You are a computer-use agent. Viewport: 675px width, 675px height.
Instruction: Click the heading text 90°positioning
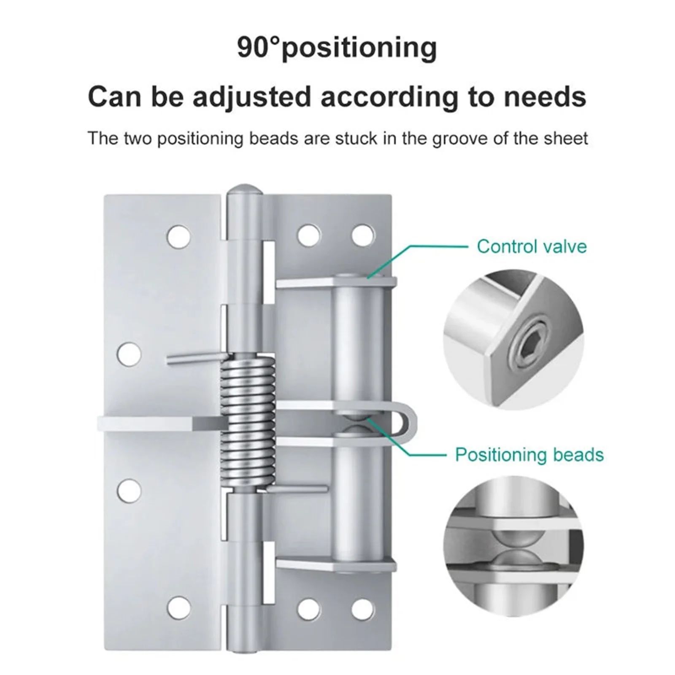point(337,48)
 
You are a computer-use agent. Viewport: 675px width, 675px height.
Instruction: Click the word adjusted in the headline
point(251,97)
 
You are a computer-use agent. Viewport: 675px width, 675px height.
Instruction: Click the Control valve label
point(532,246)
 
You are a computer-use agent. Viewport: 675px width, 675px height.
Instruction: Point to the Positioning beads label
point(529,454)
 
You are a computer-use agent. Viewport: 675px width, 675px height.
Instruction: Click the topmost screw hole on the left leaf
point(178,236)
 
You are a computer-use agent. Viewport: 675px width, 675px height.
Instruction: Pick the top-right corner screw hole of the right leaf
point(363,235)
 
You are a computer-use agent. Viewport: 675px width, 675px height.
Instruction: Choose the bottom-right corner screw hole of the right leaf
point(363,607)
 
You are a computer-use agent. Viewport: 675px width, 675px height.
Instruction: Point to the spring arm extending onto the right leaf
point(299,490)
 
